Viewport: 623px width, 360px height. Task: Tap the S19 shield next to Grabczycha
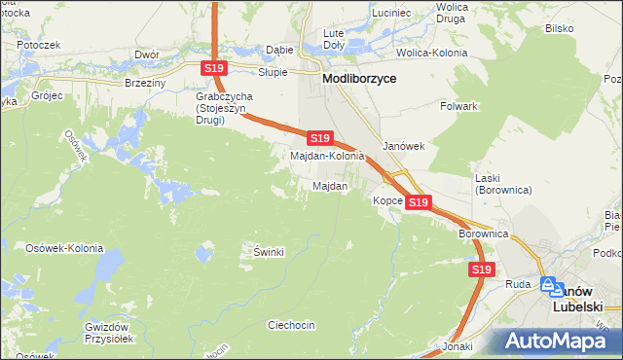(x=215, y=67)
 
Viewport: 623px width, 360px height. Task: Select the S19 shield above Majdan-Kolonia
(x=321, y=139)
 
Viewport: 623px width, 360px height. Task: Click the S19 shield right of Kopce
(x=419, y=201)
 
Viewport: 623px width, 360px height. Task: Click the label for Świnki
(x=268, y=252)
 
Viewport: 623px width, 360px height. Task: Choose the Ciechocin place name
(x=290, y=325)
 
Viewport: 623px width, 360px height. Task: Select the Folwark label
(x=458, y=106)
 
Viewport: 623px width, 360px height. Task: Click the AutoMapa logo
(x=559, y=341)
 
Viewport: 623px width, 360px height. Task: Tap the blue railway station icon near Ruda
(x=552, y=286)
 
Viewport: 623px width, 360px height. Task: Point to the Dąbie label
(x=279, y=50)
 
